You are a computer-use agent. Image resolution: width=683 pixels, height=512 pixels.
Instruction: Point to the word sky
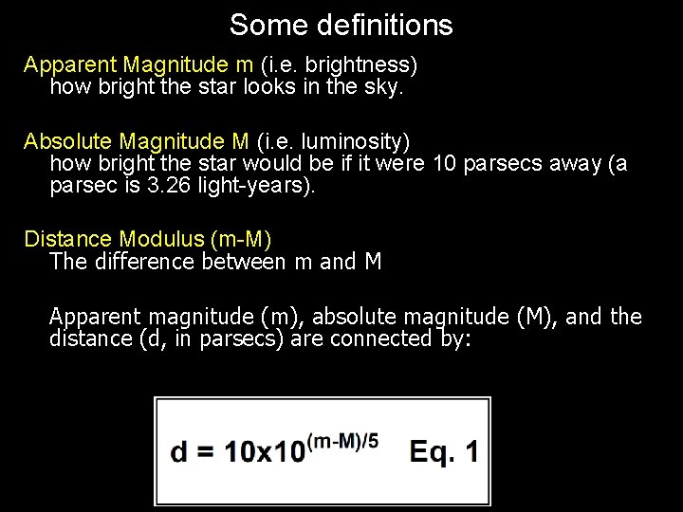[x=386, y=88]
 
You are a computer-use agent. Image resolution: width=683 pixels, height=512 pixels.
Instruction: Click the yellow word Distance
[x=66, y=238]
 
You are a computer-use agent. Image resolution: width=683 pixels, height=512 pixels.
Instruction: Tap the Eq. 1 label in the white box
[x=443, y=451]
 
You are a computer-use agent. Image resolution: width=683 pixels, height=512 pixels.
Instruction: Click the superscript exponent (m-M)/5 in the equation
[x=342, y=439]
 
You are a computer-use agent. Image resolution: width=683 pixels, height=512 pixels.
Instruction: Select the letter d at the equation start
[x=178, y=451]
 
